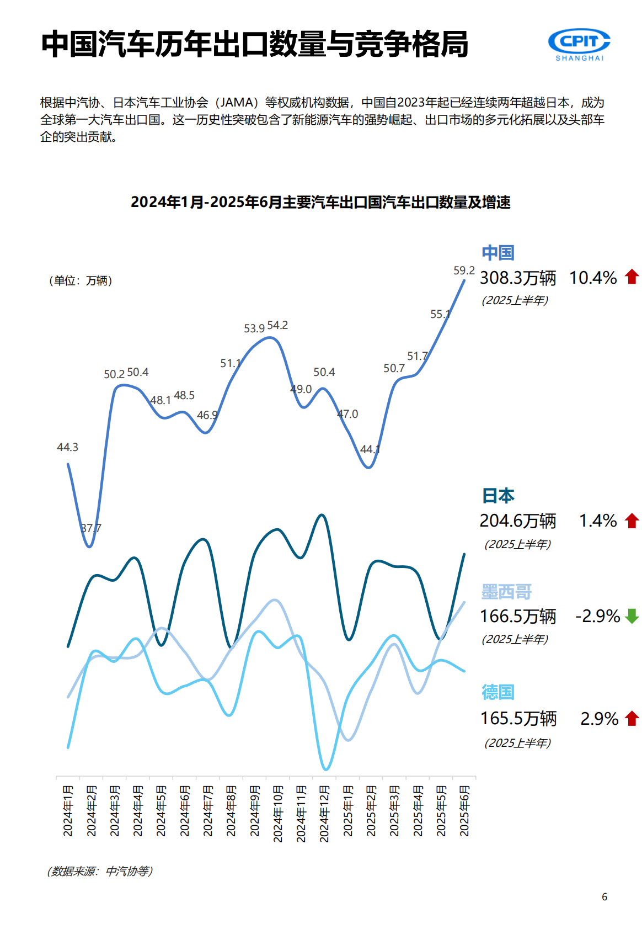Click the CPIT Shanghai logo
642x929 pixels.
(x=579, y=44)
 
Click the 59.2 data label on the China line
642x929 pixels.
(x=464, y=270)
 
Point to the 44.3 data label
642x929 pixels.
(x=67, y=447)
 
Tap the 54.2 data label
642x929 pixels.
(x=277, y=325)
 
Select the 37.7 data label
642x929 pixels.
(x=91, y=528)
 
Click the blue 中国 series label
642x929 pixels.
(x=498, y=253)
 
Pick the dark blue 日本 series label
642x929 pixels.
(x=498, y=496)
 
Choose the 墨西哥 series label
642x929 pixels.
(x=506, y=592)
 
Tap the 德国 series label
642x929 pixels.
(x=498, y=692)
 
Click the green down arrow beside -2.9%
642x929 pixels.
(x=632, y=616)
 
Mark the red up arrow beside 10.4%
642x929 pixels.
(x=632, y=277)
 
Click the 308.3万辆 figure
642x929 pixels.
(x=518, y=278)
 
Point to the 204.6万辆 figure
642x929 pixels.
(x=518, y=521)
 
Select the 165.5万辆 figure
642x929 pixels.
(x=518, y=718)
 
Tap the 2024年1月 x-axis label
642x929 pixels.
(x=68, y=810)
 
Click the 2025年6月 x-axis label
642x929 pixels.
(x=464, y=810)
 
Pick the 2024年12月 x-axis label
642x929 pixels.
(x=324, y=813)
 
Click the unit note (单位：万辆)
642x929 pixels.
(x=81, y=281)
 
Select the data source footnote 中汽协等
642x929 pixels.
(x=100, y=871)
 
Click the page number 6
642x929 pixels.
(x=604, y=897)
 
